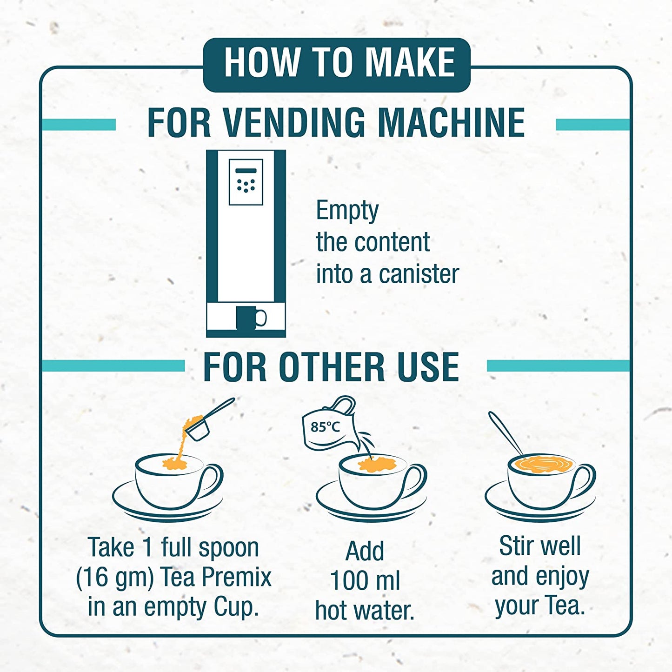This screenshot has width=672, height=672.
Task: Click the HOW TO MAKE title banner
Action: [337, 64]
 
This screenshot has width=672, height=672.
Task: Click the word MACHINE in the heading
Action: [451, 123]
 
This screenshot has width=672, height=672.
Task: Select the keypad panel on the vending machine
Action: [246, 182]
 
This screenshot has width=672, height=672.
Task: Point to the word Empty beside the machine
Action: [347, 211]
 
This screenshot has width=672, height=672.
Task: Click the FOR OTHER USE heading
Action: [331, 367]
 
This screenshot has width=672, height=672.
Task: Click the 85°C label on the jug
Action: [325, 426]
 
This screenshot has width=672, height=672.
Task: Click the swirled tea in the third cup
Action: [542, 464]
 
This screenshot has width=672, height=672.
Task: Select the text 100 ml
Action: [365, 580]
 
